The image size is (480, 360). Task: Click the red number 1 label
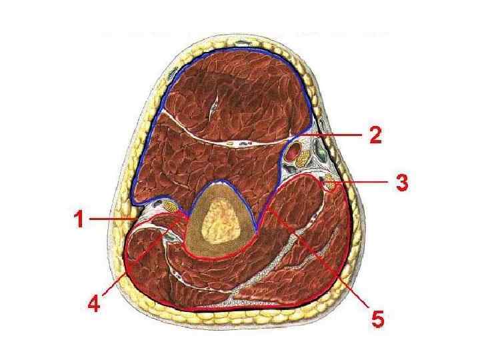(x=79, y=219)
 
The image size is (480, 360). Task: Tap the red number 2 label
(x=375, y=135)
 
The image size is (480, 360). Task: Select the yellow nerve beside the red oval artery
(x=303, y=159)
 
